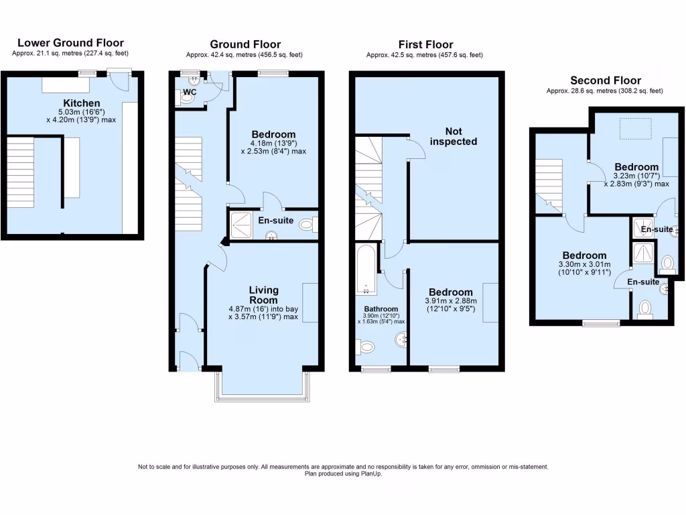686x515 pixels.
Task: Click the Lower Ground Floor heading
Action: tap(70, 43)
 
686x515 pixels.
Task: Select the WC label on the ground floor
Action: tap(190, 91)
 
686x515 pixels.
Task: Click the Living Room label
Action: tap(263, 295)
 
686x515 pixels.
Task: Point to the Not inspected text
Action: tap(454, 136)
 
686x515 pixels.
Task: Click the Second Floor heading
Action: tap(604, 80)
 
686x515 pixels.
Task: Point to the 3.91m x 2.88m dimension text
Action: tap(451, 302)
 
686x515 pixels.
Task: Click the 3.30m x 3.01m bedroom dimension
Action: tap(584, 265)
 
